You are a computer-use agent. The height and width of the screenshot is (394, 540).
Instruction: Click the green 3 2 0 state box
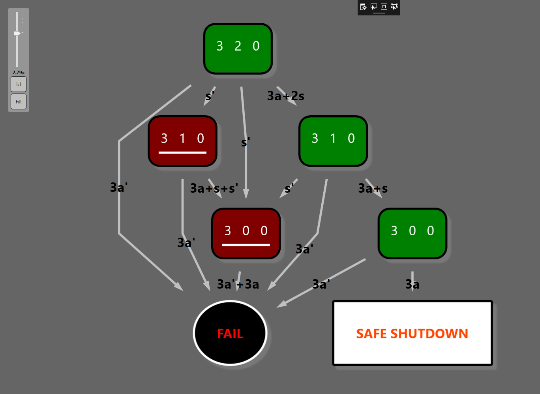tap(238, 49)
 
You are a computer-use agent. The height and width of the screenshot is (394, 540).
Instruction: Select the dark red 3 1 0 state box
tap(182, 141)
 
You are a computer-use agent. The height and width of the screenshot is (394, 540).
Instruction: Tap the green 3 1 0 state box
tap(333, 141)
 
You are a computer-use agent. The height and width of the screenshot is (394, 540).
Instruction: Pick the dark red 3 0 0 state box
tap(246, 233)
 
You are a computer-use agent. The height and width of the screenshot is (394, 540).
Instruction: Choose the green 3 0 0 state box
tap(412, 233)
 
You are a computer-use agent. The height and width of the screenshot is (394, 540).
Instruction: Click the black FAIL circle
tap(230, 334)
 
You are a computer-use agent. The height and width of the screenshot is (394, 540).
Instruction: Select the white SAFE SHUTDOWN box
tap(412, 334)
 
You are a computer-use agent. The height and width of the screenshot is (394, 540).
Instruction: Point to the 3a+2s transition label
tap(286, 96)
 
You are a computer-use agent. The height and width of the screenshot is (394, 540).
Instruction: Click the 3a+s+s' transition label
tap(214, 188)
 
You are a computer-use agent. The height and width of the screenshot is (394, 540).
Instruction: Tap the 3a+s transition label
tap(373, 188)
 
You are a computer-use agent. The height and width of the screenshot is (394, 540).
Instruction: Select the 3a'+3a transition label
tap(238, 284)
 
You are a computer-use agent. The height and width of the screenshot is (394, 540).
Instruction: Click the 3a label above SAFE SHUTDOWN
tap(412, 284)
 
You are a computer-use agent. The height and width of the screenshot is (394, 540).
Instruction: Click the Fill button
tap(19, 102)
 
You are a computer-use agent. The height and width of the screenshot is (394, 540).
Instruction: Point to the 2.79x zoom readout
tap(19, 73)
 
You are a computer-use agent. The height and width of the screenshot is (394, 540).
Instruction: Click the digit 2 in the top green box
tap(238, 46)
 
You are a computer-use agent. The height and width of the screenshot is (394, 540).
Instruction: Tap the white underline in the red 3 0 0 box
tap(246, 245)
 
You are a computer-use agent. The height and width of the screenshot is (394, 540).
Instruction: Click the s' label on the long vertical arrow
tap(246, 142)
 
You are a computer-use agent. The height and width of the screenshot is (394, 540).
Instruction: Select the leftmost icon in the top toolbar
tap(363, 7)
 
